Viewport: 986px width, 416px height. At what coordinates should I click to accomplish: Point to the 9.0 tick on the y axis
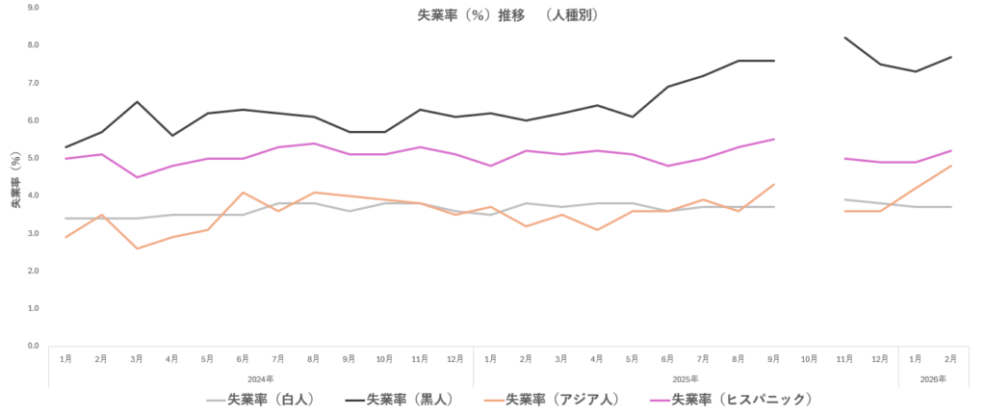coord(33,7)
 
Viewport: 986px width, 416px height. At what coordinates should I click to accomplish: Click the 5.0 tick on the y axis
coord(33,158)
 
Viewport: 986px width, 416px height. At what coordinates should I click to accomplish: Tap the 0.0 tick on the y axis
coord(33,346)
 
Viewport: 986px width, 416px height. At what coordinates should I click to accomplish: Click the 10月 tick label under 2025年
coord(809,359)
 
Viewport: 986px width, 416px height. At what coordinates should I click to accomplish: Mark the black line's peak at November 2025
coord(844,38)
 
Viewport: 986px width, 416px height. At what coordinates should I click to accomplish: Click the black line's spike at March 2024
coord(137,101)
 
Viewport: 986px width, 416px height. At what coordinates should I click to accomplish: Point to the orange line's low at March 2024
coord(137,248)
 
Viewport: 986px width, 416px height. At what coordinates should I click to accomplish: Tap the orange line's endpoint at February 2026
coord(951,166)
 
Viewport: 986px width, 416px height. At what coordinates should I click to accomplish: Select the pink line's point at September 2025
coord(773,139)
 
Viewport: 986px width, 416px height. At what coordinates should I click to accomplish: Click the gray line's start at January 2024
coord(65,219)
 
